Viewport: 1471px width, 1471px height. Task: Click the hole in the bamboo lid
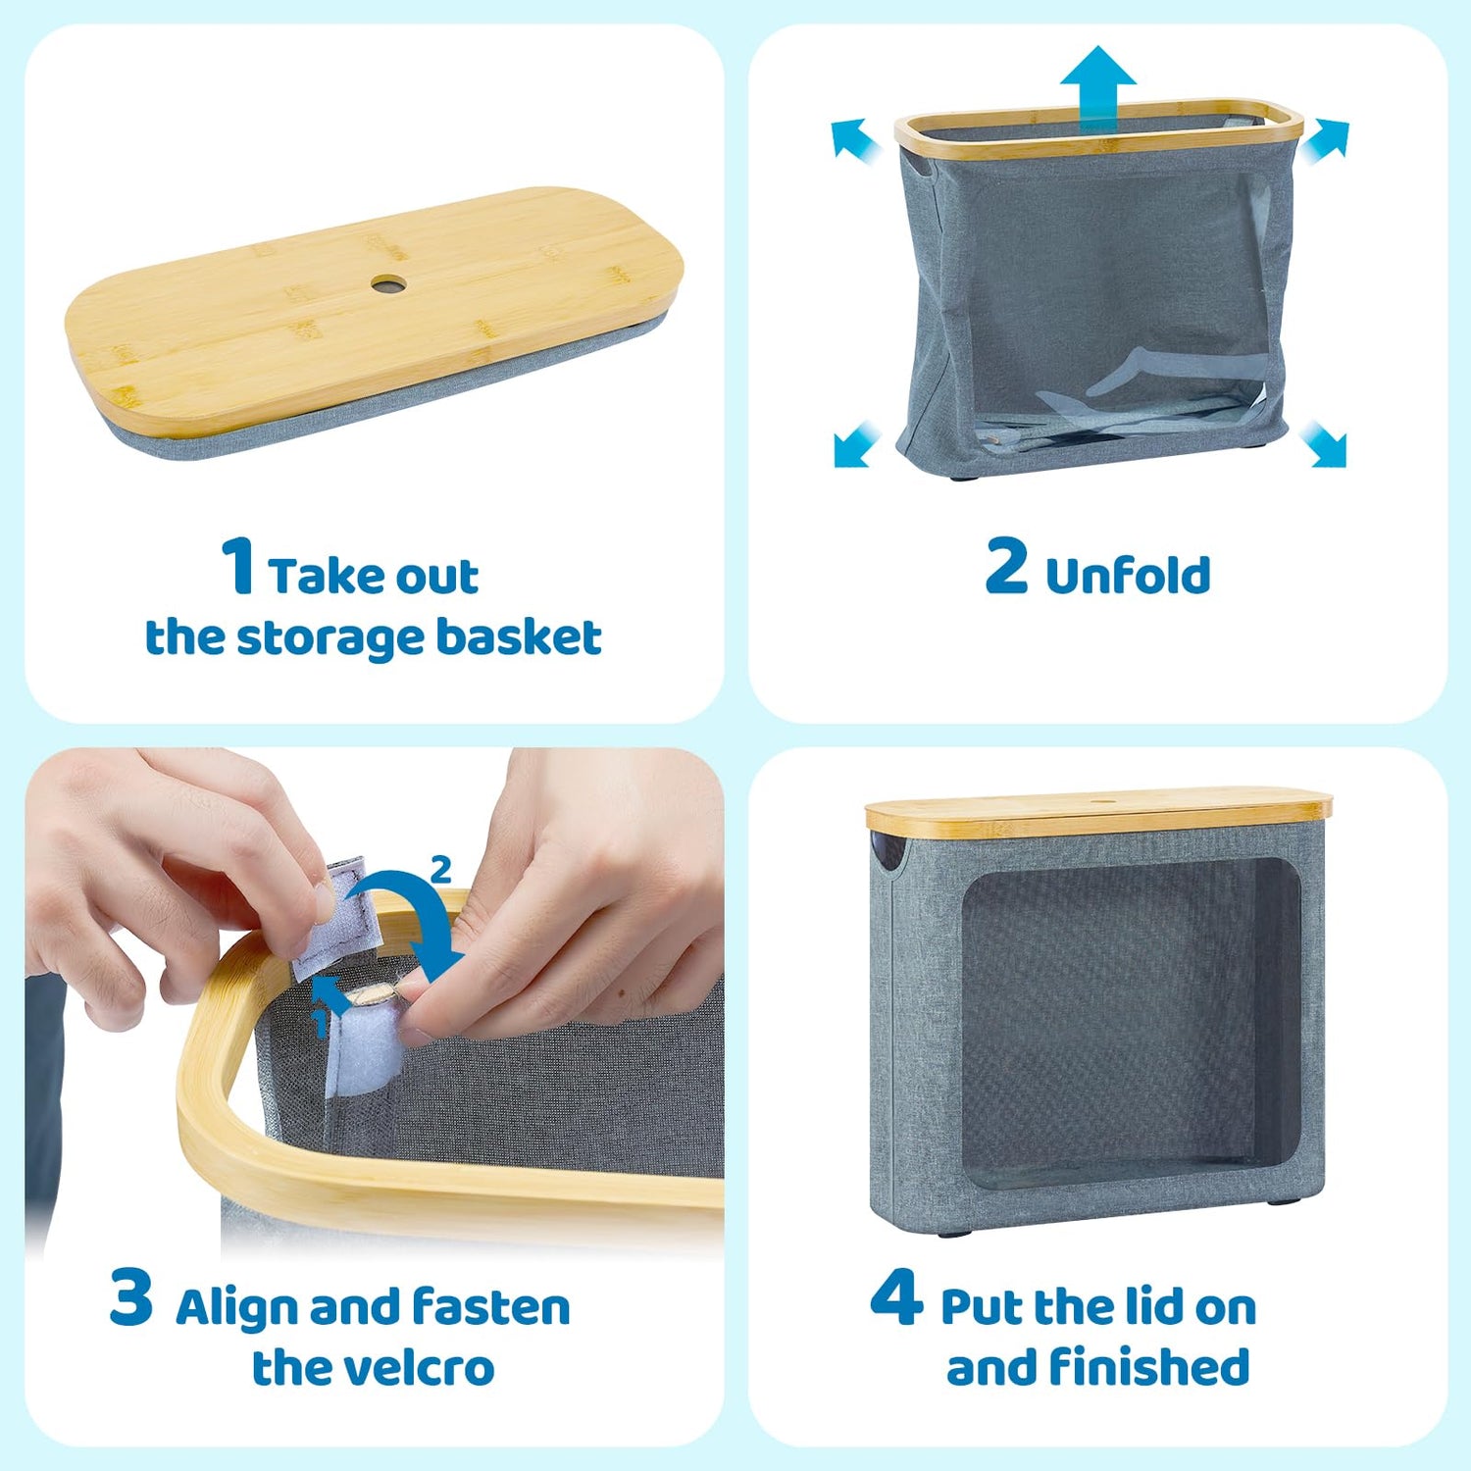388,284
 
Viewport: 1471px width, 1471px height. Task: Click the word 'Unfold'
1128,575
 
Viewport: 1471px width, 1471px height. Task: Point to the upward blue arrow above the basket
1098,88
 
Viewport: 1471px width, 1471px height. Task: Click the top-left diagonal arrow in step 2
855,138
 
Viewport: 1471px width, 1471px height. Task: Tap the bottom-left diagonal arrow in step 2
857,443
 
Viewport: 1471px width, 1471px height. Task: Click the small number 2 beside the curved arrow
441,869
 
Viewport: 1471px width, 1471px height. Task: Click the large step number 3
131,1296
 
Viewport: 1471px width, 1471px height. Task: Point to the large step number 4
896,1296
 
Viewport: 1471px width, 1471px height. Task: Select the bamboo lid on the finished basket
1098,812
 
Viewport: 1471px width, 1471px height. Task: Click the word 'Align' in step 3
236,1309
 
